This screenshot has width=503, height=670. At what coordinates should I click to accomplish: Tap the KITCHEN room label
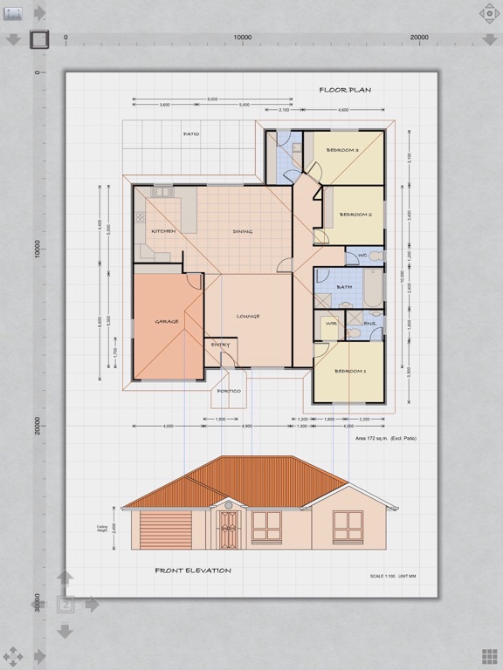coord(163,231)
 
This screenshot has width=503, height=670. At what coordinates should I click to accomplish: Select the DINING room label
coord(242,231)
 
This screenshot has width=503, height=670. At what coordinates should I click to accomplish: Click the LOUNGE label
coord(247,316)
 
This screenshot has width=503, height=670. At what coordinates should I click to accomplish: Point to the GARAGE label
coord(167,321)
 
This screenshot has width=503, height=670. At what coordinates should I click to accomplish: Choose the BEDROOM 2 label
coord(355,214)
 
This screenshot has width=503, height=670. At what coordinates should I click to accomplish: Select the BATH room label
coord(344,286)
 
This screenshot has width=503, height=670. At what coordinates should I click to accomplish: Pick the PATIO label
coord(191,134)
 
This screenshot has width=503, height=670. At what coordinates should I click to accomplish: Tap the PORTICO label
coord(229,391)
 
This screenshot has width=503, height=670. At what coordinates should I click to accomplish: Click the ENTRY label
coord(220,345)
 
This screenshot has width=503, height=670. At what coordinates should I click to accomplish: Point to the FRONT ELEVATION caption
coord(193,571)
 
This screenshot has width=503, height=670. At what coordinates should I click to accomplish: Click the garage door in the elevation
coord(166,530)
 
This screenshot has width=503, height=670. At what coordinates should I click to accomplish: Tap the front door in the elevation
coord(228,530)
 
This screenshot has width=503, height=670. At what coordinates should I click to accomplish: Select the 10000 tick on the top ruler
coord(243,38)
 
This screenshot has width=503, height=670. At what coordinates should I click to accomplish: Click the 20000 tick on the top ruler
coord(419,38)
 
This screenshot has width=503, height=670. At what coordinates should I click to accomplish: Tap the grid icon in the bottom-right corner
coord(489,656)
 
